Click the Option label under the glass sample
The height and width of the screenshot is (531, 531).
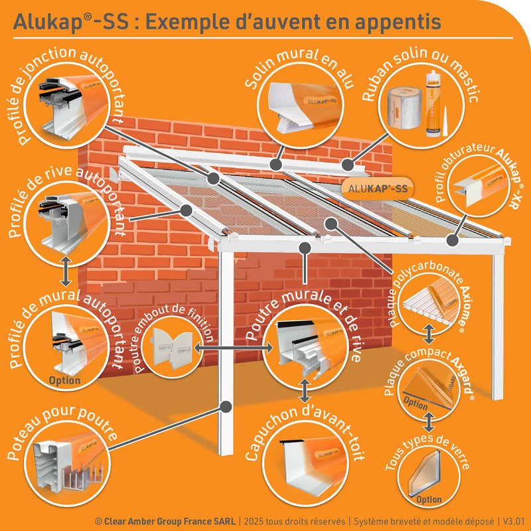[x=429, y=499]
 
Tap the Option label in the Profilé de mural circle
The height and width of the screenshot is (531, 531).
[x=65, y=380]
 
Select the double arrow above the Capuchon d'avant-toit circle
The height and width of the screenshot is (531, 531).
[x=305, y=391]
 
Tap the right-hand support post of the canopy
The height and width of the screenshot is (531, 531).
[x=498, y=325]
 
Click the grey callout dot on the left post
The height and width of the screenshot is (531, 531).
[x=226, y=405]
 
